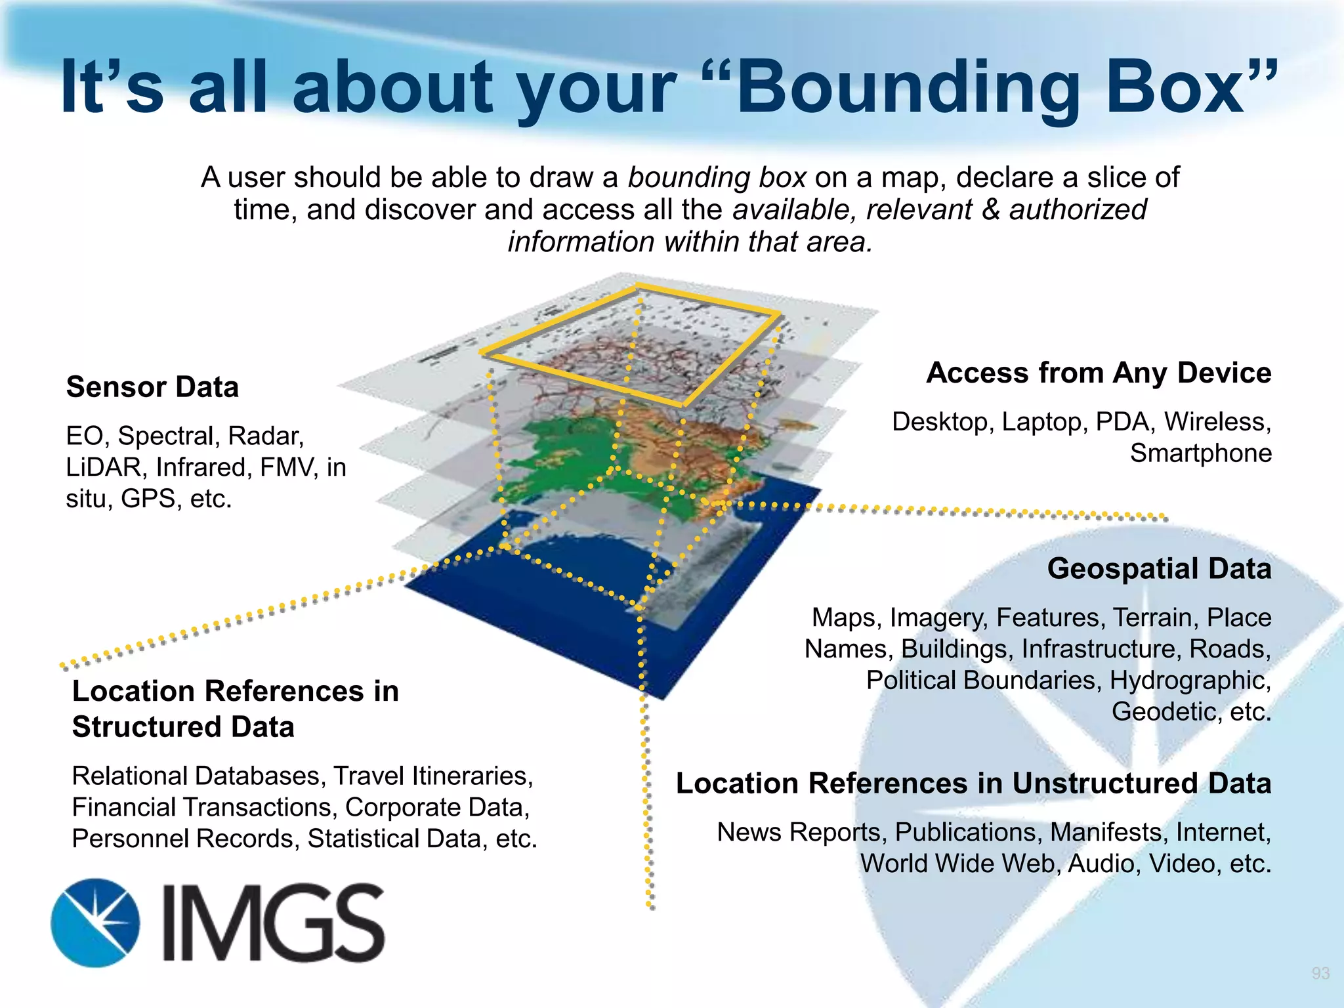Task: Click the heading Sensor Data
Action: point(152,387)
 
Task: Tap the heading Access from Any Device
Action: point(1099,373)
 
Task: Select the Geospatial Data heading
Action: point(1159,568)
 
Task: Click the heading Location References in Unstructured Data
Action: point(973,783)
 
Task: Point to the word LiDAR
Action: point(104,467)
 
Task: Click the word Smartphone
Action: point(1200,453)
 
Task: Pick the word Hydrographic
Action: point(1190,681)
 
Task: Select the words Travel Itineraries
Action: point(433,776)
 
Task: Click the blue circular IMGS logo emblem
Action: point(96,923)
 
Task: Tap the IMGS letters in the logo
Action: point(273,923)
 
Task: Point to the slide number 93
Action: point(1320,973)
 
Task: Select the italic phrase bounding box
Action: point(717,177)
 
